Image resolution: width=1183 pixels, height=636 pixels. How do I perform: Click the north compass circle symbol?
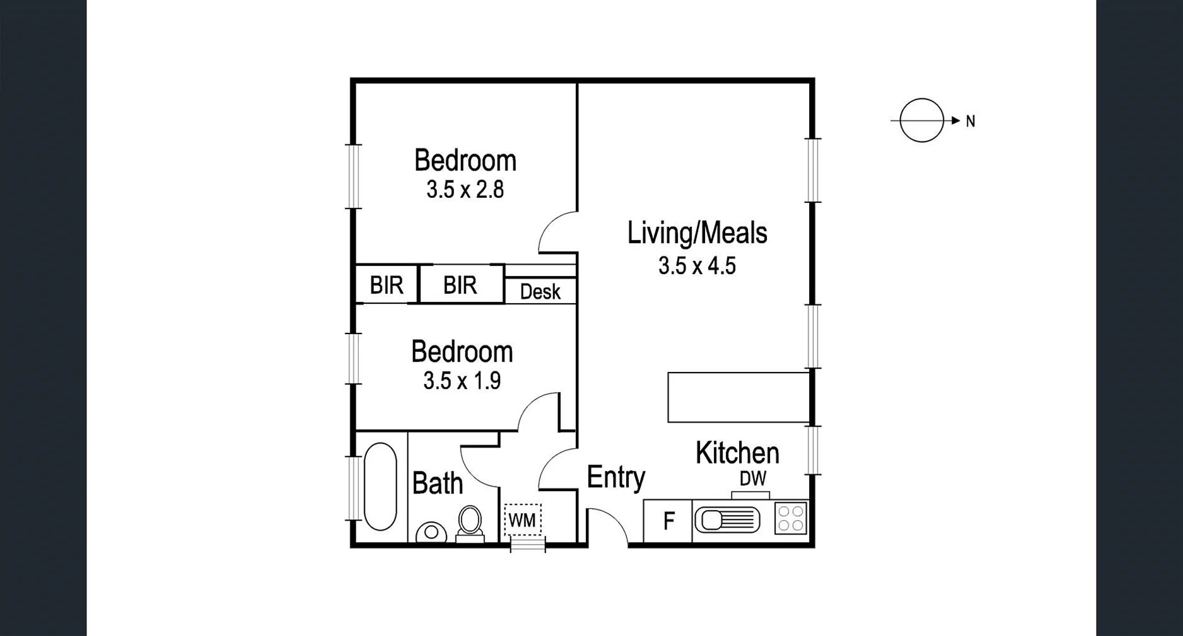click(x=921, y=120)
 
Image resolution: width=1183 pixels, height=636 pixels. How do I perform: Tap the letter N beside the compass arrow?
click(x=970, y=122)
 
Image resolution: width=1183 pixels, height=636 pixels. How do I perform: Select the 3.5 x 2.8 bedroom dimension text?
click(x=465, y=190)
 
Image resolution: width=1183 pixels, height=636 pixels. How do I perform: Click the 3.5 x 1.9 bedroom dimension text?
click(x=462, y=381)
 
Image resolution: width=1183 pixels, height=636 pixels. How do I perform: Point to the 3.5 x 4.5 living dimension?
click(x=697, y=265)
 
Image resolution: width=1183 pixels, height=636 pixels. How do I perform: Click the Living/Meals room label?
click(x=697, y=233)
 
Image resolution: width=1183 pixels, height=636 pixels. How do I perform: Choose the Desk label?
click(x=540, y=292)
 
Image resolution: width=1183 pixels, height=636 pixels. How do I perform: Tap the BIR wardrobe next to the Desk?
click(x=460, y=286)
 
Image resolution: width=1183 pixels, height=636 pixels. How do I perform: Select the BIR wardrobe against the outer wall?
click(x=386, y=286)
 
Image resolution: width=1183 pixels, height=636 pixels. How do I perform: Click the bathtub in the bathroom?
click(x=380, y=486)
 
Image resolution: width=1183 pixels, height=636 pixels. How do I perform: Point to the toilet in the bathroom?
click(x=470, y=524)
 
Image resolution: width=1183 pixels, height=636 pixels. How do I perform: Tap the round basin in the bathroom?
click(x=431, y=532)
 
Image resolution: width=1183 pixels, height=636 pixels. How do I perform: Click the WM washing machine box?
click(x=522, y=520)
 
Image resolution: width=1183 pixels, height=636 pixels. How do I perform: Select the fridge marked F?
click(x=668, y=521)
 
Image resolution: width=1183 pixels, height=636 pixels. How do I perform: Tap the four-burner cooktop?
click(x=791, y=518)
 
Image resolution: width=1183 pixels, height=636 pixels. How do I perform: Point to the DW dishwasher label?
click(x=752, y=479)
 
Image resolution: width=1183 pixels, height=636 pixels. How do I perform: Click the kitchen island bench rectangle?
click(x=738, y=397)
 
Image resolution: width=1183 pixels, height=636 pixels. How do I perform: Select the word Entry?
click(x=615, y=477)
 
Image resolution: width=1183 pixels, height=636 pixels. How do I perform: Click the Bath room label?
click(x=437, y=483)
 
